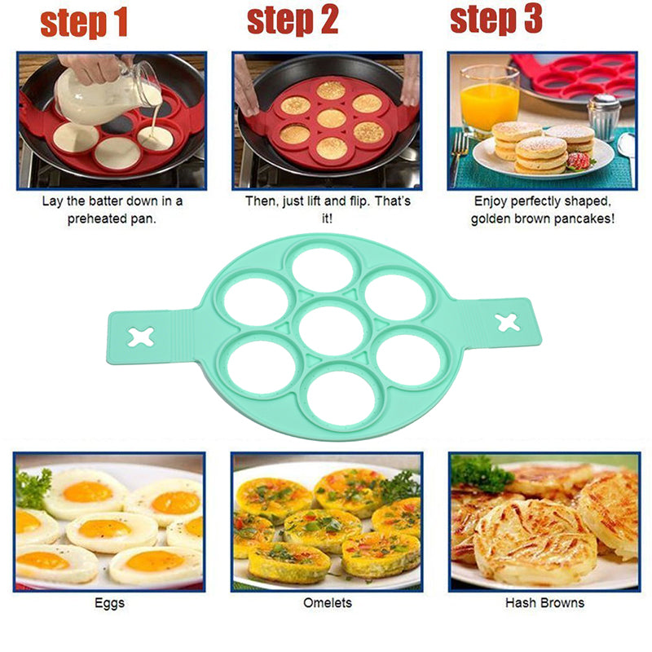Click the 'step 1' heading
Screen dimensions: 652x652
tap(84, 24)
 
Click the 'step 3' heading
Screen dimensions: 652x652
tap(496, 20)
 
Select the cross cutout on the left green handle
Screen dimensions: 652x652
tap(140, 336)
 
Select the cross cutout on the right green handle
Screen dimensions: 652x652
tap(508, 322)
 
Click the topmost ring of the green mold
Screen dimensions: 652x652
tap(323, 270)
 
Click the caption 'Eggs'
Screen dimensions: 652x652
tap(110, 603)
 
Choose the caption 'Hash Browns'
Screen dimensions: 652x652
tap(544, 603)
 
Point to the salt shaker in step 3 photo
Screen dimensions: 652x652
tap(603, 118)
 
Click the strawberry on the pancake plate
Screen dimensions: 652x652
tap(579, 161)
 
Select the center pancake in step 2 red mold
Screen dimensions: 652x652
tap(331, 118)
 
